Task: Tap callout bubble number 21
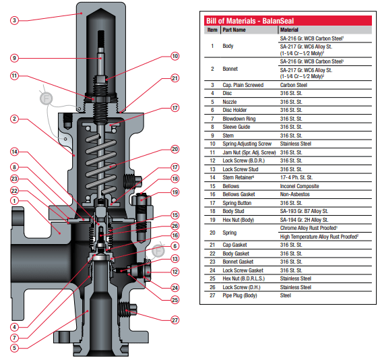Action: coord(175,78)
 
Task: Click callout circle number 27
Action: coord(175,321)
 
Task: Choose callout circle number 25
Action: coord(175,299)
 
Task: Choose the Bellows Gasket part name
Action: coord(240,193)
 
